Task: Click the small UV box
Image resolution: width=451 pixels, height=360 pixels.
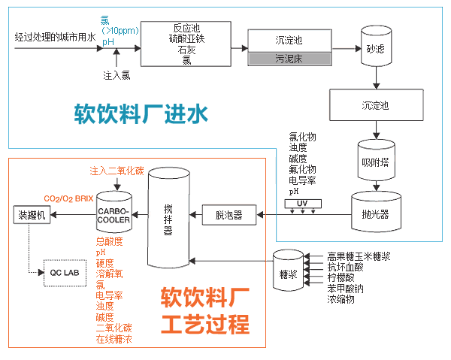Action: (304, 204)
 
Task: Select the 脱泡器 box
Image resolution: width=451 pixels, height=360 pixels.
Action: (229, 216)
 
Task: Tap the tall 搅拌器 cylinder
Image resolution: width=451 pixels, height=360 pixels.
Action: (168, 218)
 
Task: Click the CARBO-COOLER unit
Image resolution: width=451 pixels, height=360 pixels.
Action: (114, 216)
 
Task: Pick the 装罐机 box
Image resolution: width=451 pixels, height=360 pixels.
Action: (32, 216)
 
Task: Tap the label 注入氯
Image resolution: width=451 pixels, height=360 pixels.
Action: (117, 75)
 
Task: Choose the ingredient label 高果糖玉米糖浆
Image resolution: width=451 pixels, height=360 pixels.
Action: (359, 256)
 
